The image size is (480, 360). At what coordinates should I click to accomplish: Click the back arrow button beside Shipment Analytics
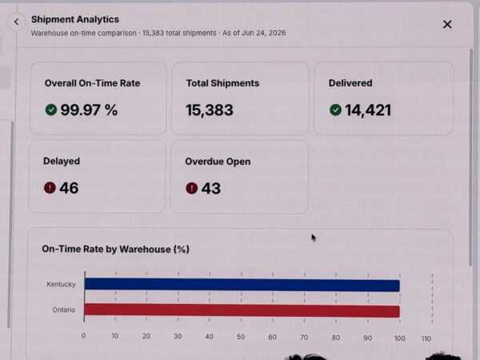point(16,22)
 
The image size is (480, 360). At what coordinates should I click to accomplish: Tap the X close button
point(447,24)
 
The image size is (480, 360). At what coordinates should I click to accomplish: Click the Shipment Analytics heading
point(75,19)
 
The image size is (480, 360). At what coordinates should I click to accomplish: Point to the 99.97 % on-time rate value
point(89,110)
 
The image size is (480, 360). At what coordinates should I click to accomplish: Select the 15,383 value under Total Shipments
point(210,110)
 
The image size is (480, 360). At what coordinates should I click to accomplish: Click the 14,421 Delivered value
point(368,110)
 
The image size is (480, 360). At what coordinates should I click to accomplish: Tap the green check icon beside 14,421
point(335,110)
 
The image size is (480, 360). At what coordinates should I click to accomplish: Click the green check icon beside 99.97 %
point(51,110)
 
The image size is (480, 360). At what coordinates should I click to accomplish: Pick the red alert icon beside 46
point(50,188)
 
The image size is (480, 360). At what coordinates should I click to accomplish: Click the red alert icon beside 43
point(192,188)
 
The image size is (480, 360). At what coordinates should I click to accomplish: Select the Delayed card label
point(62,161)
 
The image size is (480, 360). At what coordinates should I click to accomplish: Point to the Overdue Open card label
point(218,162)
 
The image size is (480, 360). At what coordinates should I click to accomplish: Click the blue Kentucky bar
point(242,285)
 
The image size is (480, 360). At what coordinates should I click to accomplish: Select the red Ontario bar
point(242,310)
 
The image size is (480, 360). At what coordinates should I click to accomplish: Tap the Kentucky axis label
point(61,284)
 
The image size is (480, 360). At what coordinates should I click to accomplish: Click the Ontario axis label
point(64,310)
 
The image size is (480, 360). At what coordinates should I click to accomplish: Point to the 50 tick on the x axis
point(241,337)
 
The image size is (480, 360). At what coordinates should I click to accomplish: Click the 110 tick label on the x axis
point(426,338)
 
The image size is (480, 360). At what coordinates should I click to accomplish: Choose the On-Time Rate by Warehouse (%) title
point(115,249)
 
